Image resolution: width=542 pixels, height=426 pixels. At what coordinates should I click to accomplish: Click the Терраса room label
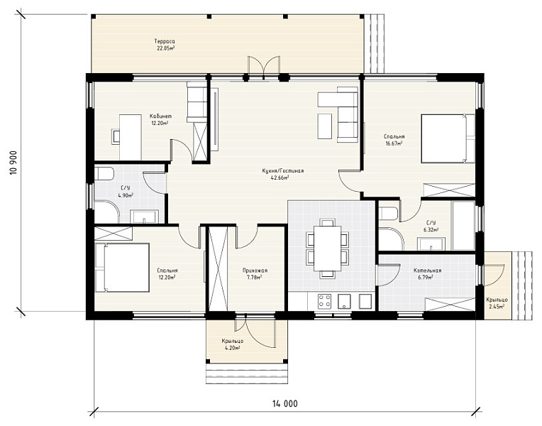click(x=165, y=41)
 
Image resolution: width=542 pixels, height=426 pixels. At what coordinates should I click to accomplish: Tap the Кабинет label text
click(x=160, y=116)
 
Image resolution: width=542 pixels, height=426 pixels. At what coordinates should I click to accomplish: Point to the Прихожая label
click(x=255, y=271)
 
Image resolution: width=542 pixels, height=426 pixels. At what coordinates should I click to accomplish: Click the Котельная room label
click(x=427, y=271)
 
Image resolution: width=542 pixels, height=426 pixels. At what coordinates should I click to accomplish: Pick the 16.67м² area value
click(x=394, y=143)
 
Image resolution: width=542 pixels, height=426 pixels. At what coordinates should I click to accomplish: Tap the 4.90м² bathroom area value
click(x=126, y=195)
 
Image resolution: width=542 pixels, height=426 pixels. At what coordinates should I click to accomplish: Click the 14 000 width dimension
click(x=284, y=403)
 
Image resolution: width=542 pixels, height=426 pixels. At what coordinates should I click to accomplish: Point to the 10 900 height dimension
click(x=14, y=163)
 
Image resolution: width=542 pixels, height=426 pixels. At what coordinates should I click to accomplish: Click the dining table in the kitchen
click(x=327, y=248)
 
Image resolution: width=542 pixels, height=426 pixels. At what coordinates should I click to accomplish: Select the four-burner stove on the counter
click(x=325, y=301)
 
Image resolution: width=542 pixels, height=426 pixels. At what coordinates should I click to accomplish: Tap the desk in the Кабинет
click(x=130, y=137)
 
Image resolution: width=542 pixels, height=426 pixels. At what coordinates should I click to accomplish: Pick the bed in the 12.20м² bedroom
click(x=122, y=268)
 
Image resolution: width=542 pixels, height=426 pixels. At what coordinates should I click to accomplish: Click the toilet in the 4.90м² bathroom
click(x=104, y=173)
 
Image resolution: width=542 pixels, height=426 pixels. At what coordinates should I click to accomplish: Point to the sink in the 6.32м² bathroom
click(x=431, y=244)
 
